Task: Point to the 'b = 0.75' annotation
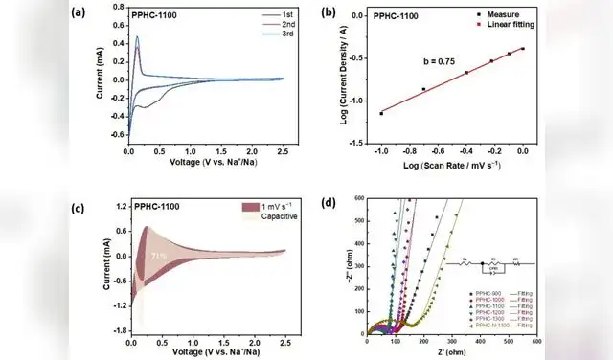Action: coord(441,60)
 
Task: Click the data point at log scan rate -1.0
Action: coord(381,113)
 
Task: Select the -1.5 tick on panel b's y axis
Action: coord(360,143)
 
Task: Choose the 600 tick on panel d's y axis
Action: coord(357,199)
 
